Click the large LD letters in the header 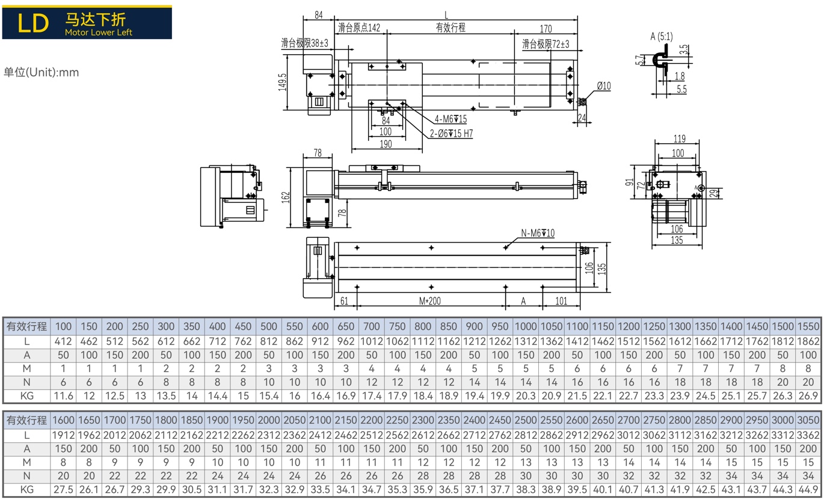tap(33, 23)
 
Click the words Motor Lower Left tap(99, 33)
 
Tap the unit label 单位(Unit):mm tap(41, 72)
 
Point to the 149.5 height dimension tap(283, 82)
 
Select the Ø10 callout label tap(604, 86)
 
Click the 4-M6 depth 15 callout tap(450, 119)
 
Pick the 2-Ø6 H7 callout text tap(451, 133)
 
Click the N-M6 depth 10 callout tap(538, 233)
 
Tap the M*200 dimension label tap(429, 301)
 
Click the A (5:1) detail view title tap(662, 37)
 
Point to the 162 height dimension tap(286, 197)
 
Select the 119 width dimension tap(680, 139)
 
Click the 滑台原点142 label tap(359, 28)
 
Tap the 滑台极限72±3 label tap(546, 44)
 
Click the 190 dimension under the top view tap(386, 144)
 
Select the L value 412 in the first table tap(63, 341)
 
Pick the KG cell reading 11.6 tap(63, 396)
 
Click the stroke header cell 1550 tap(808, 326)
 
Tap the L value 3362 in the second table tap(808, 435)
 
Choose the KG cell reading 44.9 tap(808, 490)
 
